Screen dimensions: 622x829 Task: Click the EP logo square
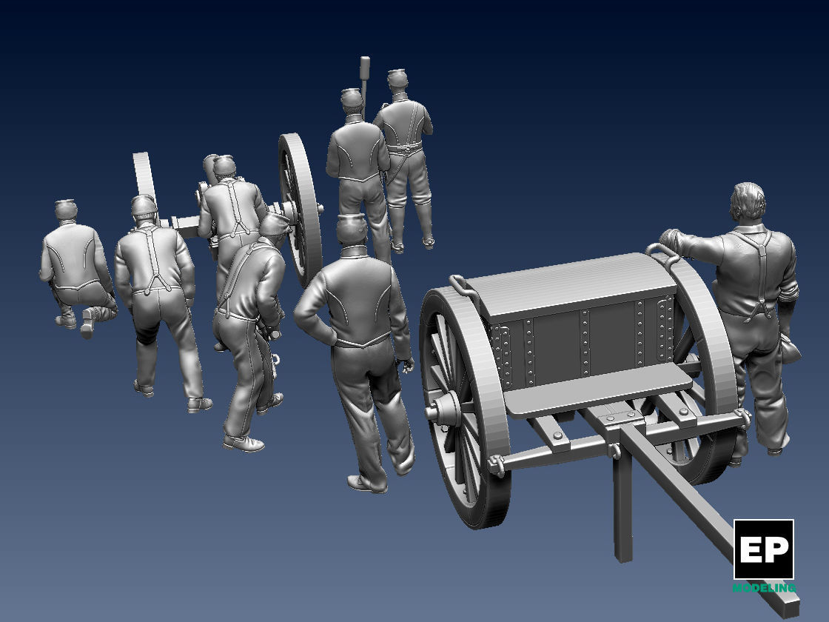tap(763, 549)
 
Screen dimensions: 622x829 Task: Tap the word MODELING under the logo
tap(763, 588)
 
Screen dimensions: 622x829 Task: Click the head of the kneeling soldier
tap(66, 210)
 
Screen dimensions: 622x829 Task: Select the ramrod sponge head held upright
tap(364, 69)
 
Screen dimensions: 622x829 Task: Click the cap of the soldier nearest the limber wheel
tap(352, 230)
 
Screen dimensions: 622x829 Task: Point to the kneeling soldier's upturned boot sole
tap(87, 324)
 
